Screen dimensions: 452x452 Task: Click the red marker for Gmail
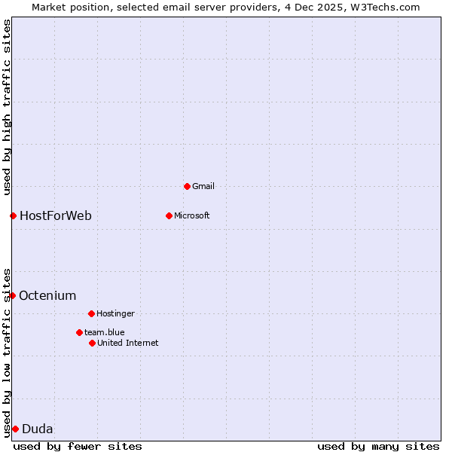pos(187,186)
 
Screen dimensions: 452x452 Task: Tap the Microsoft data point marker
pos(169,215)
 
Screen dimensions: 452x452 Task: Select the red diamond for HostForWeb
pos(13,216)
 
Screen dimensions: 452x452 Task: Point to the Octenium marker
pos(12,295)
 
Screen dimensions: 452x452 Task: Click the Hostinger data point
pos(91,313)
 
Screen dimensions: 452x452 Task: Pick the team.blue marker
pos(79,332)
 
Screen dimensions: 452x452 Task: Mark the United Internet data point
pos(92,343)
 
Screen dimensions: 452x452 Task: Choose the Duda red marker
pos(15,429)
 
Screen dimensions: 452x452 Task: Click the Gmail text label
pos(203,186)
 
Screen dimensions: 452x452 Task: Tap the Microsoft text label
pos(192,215)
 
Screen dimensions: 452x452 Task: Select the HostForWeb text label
pos(56,216)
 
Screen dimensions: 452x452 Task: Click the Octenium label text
pos(47,295)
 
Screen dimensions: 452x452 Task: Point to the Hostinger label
pos(115,313)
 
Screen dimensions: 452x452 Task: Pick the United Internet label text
pos(128,343)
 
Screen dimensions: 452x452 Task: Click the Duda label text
pos(38,429)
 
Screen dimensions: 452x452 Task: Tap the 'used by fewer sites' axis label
pos(78,446)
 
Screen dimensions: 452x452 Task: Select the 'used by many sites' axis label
pos(378,446)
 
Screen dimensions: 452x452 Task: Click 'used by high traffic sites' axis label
pos(7,107)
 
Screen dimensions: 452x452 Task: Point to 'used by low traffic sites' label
pos(7,352)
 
